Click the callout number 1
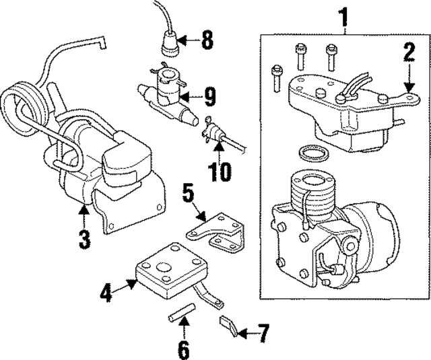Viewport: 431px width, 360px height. (345, 14)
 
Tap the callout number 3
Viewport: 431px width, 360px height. (84, 238)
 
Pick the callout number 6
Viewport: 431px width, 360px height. (184, 349)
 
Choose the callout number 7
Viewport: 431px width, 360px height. (263, 332)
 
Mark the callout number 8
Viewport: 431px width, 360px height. (206, 41)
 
